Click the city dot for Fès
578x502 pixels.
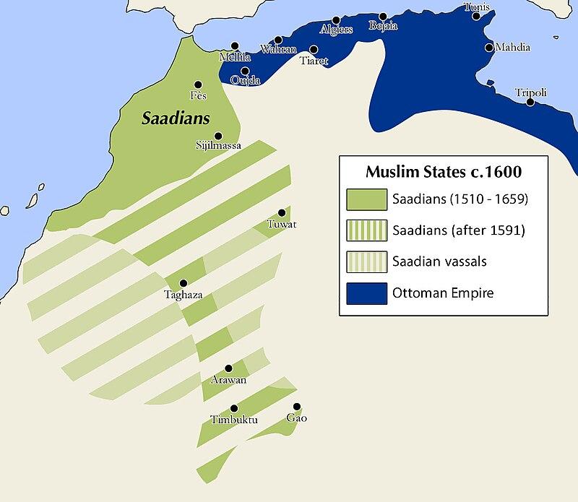(x=198, y=85)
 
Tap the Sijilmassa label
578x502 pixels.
(x=218, y=145)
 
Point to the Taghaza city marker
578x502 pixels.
(x=184, y=282)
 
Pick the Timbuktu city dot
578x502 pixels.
(x=233, y=408)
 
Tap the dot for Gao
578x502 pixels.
(x=296, y=407)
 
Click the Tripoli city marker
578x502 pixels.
(x=530, y=103)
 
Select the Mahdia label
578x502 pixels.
(x=512, y=48)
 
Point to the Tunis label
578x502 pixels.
(x=477, y=7)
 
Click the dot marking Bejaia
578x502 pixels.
(x=382, y=16)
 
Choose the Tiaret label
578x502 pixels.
(x=314, y=61)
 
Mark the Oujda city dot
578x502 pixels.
(x=246, y=70)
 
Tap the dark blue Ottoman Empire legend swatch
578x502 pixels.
(x=366, y=293)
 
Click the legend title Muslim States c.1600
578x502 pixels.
(x=443, y=173)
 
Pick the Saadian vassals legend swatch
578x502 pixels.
(x=366, y=261)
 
